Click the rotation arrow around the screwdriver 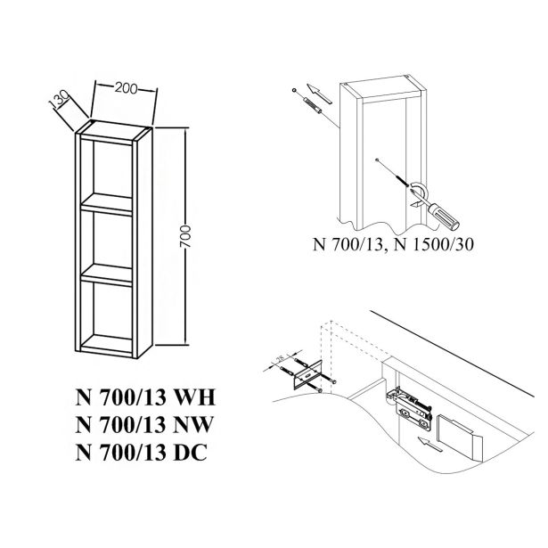click(414, 191)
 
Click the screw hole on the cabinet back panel click(378, 159)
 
